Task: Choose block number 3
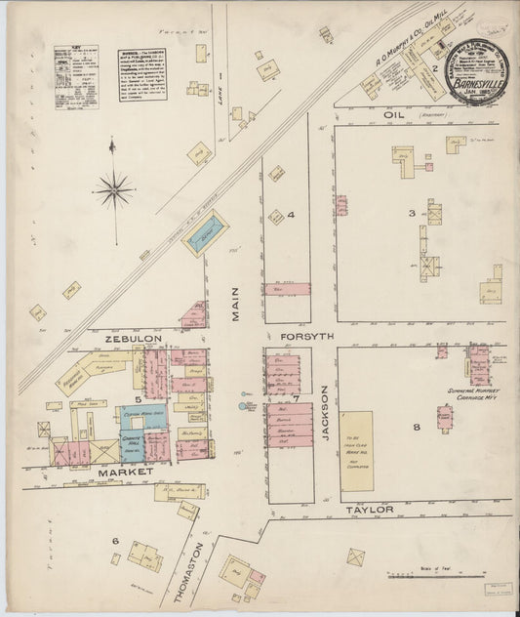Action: [x=412, y=212]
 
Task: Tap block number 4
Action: [x=290, y=214]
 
